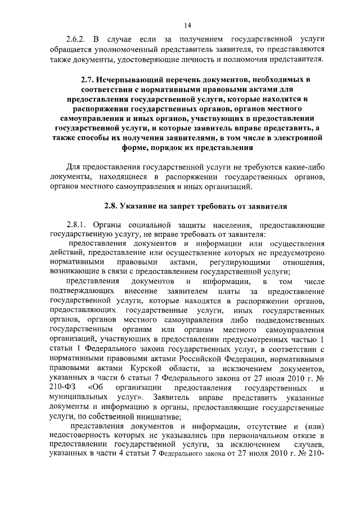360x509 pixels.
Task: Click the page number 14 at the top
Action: coord(187,25)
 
